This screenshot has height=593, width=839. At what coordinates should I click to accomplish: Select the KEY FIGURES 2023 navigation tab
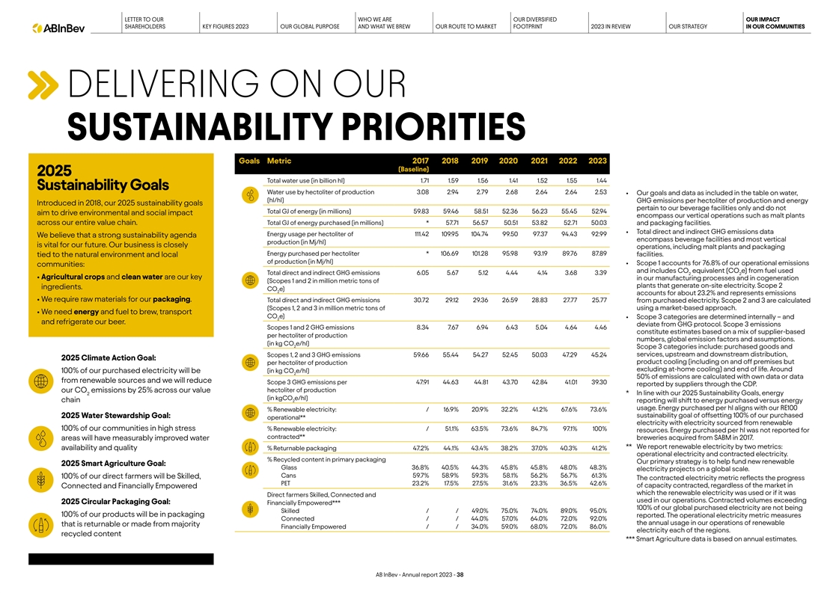pos(225,28)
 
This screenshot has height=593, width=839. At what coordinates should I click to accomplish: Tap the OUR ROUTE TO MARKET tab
pos(466,28)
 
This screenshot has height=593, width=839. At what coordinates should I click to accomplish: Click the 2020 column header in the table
pos(508,160)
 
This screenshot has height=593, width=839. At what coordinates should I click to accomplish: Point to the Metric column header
pos(279,160)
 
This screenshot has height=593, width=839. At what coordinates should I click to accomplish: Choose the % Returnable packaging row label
pos(302,448)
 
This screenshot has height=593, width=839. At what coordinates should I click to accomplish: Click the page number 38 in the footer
pos(461,575)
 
